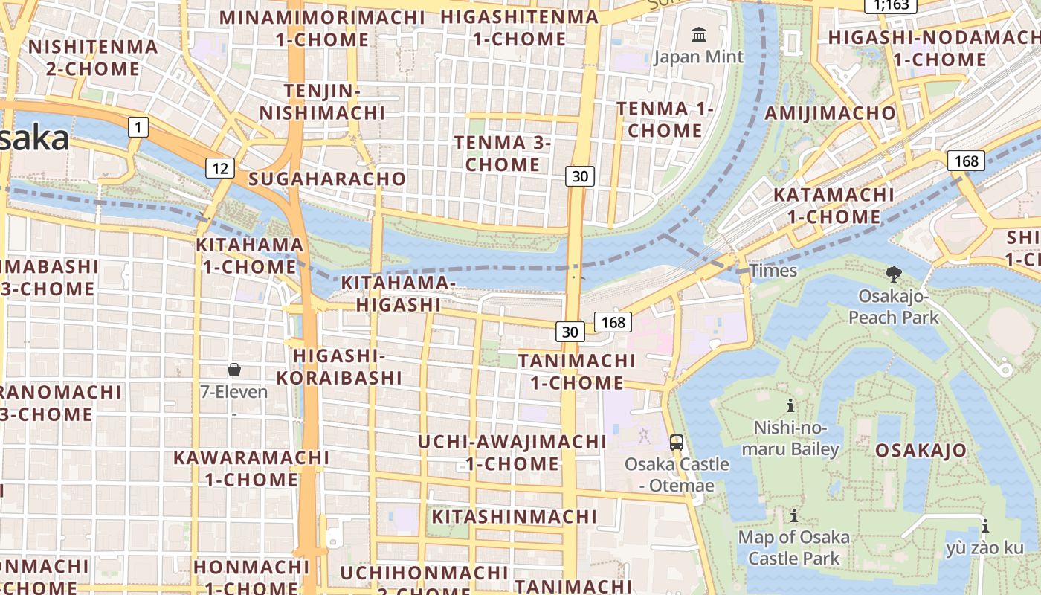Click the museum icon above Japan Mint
(698, 34)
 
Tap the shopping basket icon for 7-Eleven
(234, 370)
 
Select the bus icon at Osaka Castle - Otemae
(677, 442)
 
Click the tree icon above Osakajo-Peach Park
(893, 274)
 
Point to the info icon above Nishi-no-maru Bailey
(790, 405)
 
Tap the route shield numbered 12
(220, 168)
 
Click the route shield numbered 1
(138, 127)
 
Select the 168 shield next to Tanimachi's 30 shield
(613, 322)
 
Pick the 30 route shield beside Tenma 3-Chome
(580, 176)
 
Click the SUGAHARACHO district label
(327, 178)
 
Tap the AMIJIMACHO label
(831, 113)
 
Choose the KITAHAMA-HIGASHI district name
(398, 294)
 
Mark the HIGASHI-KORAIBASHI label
(339, 367)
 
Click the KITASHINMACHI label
(515, 516)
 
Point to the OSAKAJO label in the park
(921, 450)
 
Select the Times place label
(773, 271)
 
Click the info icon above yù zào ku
(984, 527)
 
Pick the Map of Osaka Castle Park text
(793, 547)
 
